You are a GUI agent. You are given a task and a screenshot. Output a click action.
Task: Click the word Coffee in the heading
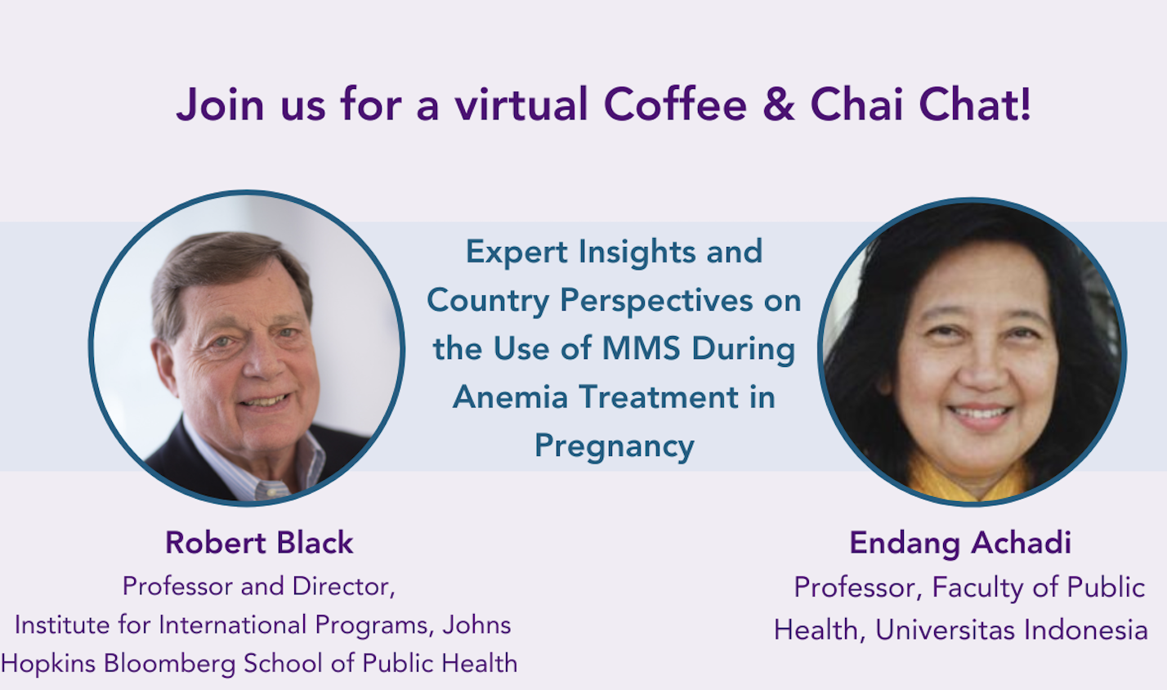[675, 105]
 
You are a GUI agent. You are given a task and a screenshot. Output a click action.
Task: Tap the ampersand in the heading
[779, 105]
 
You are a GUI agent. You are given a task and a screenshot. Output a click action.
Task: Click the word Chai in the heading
[856, 105]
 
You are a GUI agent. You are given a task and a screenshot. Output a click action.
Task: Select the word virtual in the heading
[521, 105]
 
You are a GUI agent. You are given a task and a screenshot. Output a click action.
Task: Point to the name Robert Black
[259, 543]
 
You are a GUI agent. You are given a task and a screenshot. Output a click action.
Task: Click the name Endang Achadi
[960, 544]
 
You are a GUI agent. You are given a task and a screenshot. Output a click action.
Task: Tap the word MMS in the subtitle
[642, 348]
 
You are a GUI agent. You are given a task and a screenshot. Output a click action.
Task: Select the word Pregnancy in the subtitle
[615, 447]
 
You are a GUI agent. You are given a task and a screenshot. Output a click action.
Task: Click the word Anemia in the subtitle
[510, 397]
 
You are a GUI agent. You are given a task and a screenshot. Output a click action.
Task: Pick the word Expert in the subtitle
[516, 253]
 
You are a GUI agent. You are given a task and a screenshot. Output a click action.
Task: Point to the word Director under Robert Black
[343, 587]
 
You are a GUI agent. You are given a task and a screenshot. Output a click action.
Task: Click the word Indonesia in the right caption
[1086, 630]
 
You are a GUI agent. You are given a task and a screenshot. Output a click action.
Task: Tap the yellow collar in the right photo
[969, 479]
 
